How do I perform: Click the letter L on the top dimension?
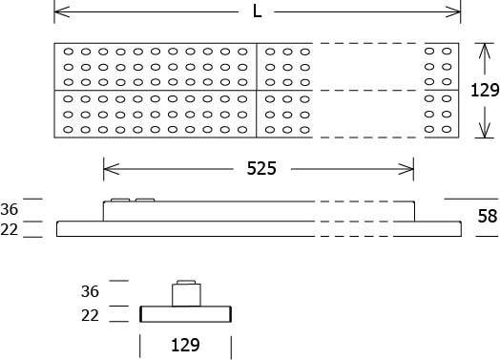[257, 11]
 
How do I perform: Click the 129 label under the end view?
[187, 345]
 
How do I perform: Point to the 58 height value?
[487, 216]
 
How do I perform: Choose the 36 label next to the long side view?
[10, 209]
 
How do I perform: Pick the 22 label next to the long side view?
[10, 229]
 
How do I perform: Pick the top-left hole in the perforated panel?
[69, 52]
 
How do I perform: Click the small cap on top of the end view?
[186, 283]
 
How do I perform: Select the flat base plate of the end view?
[187, 314]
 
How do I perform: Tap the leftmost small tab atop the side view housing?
[120, 201]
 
